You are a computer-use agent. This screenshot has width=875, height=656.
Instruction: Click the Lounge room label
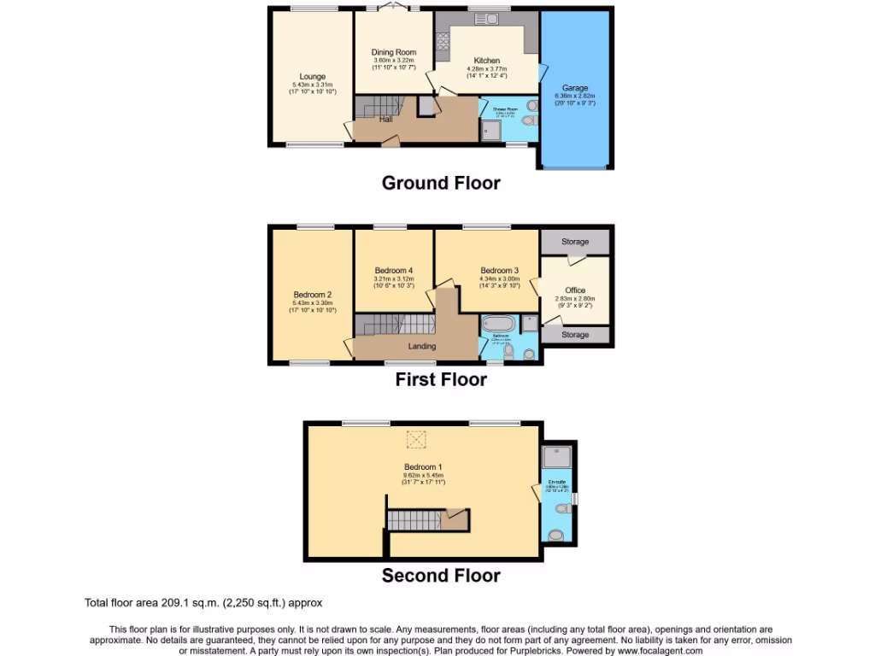point(312,77)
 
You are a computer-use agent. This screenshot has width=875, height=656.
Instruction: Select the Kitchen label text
point(487,61)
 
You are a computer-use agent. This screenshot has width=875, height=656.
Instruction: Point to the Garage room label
point(575,88)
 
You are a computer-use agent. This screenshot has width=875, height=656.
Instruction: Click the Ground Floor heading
point(440,183)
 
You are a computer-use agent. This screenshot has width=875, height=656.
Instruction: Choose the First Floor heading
point(440,380)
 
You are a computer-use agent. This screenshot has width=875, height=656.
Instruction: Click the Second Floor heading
point(440,576)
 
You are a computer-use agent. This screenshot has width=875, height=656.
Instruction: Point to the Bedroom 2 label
point(312,295)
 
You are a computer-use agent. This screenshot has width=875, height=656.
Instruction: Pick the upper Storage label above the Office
point(575,243)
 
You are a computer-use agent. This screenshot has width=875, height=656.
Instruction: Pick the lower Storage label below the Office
point(575,335)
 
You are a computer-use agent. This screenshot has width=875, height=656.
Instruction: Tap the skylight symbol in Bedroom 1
point(416,440)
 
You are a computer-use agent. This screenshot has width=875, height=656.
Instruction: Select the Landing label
point(422,346)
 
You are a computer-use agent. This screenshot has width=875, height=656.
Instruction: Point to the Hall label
point(386,119)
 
